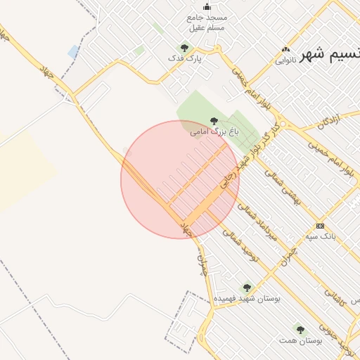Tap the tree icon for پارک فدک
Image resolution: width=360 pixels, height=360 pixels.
click(x=184, y=48)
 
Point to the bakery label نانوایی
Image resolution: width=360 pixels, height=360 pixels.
click(x=285, y=60)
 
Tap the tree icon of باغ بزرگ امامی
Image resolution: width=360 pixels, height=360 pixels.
click(x=214, y=121)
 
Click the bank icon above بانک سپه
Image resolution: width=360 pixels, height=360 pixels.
click(x=321, y=226)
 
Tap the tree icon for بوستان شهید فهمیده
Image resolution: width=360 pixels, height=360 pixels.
click(x=246, y=288)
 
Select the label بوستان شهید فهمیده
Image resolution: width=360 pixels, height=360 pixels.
click(x=247, y=298)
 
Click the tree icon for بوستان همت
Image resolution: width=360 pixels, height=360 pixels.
click(x=300, y=329)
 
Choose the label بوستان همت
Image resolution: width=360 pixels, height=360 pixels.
click(x=300, y=340)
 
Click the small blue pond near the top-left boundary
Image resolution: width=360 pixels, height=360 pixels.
click(x=73, y=51)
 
